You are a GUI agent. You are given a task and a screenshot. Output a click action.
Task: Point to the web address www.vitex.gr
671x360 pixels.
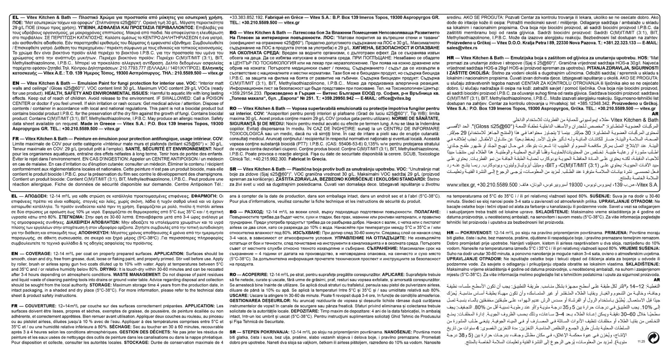pyautogui.click(x=460, y=185)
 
